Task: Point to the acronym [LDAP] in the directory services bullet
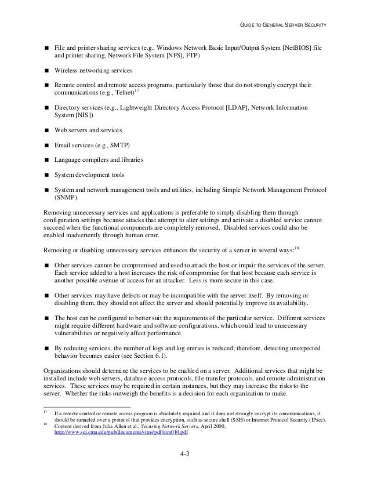click(222, 108)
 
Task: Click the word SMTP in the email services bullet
click(121, 145)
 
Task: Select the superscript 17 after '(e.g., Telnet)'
click(136, 90)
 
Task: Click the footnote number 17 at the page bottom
click(46, 412)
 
